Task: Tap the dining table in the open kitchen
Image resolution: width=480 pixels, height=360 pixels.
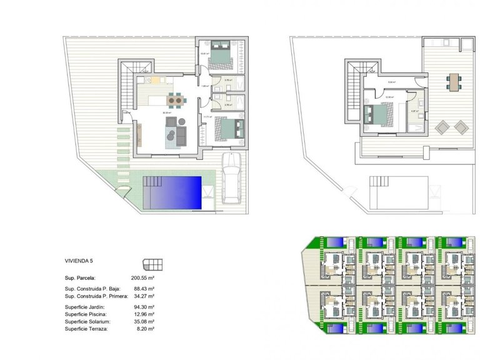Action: pos(176,99)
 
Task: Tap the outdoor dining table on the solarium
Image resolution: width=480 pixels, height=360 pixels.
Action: pos(452,82)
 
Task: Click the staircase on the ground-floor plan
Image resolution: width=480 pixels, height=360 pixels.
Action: pos(127,87)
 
